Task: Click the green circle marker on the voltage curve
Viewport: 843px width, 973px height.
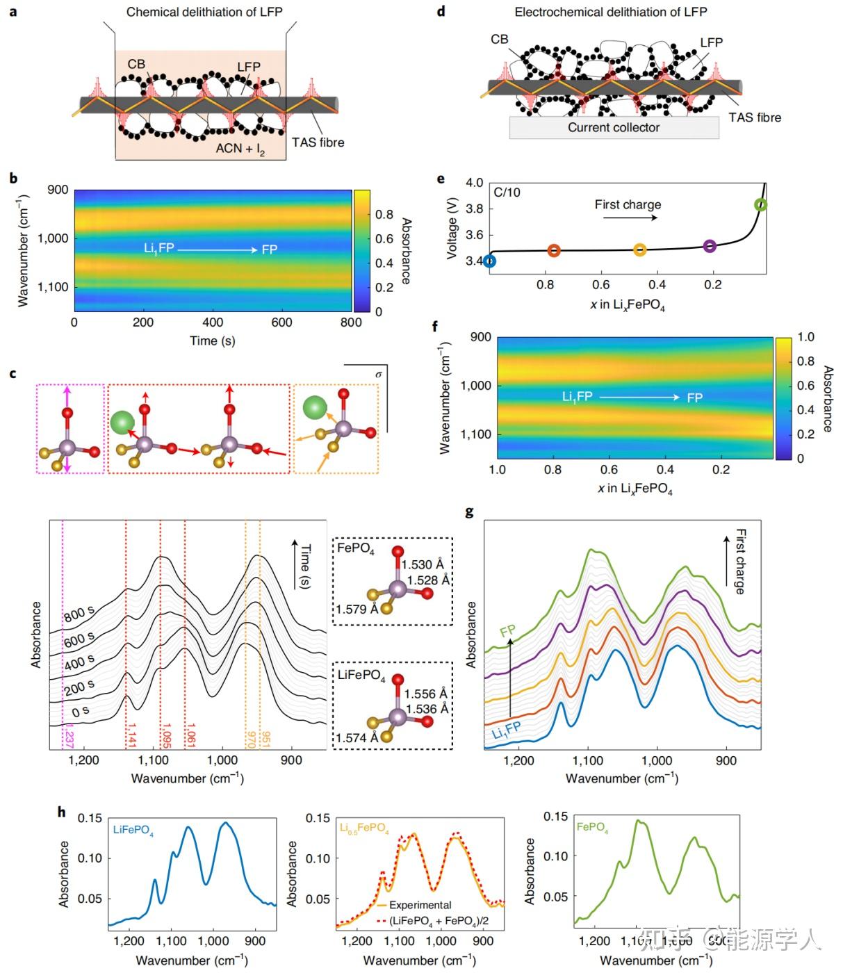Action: tap(760, 204)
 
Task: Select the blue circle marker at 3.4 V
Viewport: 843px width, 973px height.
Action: tap(489, 261)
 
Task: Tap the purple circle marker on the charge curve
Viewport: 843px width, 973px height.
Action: tap(710, 245)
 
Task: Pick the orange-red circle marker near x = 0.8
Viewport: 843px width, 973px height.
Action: tap(554, 250)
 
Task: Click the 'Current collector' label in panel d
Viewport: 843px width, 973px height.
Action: tap(613, 127)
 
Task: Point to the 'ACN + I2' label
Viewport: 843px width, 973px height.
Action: tap(240, 149)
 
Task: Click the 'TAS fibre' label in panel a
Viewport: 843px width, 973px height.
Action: tap(318, 142)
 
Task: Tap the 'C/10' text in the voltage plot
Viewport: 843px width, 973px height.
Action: tap(507, 193)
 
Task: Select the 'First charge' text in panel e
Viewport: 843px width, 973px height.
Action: tap(628, 204)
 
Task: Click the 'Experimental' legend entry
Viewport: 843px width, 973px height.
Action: tap(420, 905)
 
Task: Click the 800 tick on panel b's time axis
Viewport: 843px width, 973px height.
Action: tap(352, 322)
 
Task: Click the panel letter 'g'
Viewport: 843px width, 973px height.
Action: tap(469, 512)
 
